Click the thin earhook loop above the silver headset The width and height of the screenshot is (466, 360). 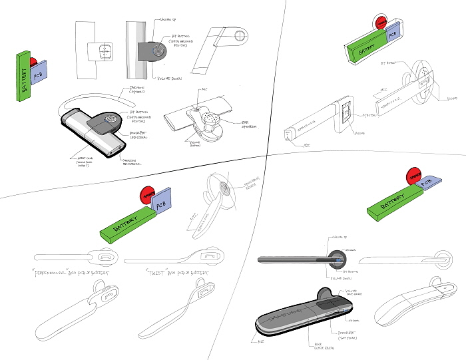coord(93,100)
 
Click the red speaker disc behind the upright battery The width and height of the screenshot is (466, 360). coord(34,62)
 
